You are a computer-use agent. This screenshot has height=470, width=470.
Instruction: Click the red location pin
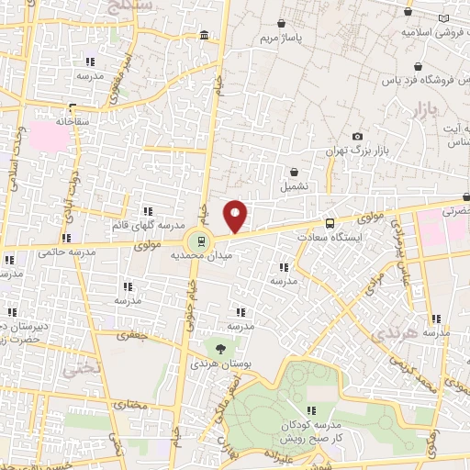click(x=236, y=215)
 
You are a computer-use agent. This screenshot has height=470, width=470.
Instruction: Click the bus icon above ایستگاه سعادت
click(x=330, y=222)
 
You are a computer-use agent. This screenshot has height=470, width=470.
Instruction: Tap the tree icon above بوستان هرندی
click(x=220, y=347)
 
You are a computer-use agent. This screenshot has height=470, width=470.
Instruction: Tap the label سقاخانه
click(x=49, y=120)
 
